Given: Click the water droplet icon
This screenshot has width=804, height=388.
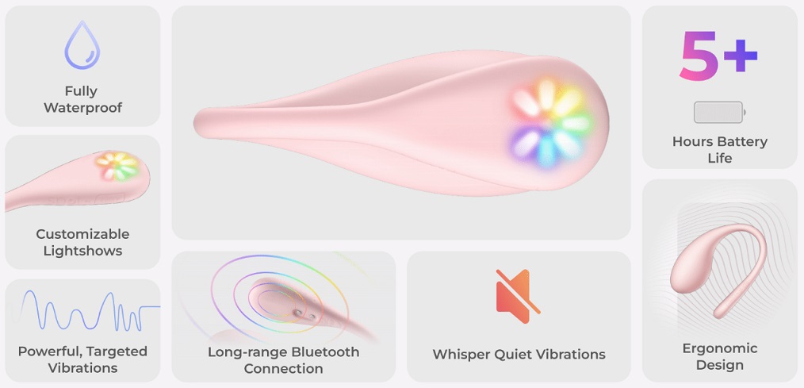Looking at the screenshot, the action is pyautogui.click(x=82, y=45).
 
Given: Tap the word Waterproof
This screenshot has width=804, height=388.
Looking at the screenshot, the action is pyautogui.click(x=83, y=108).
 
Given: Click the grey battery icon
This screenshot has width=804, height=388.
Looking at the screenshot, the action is pyautogui.click(x=719, y=112).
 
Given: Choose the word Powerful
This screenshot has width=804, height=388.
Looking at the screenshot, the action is pyautogui.click(x=50, y=352).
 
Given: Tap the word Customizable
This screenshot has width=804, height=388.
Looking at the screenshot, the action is pyautogui.click(x=82, y=234).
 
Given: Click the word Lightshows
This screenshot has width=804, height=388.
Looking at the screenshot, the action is pyautogui.click(x=82, y=251).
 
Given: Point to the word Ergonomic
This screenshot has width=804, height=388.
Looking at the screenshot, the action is pyautogui.click(x=720, y=348).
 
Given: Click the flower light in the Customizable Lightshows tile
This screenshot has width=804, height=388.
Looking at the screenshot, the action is pyautogui.click(x=117, y=166).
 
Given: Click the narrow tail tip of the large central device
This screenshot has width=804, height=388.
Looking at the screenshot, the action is pyautogui.click(x=195, y=123).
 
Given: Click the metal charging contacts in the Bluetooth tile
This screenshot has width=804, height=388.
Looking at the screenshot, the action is pyautogui.click(x=304, y=314).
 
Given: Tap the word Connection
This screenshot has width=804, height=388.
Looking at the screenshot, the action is pyautogui.click(x=284, y=368).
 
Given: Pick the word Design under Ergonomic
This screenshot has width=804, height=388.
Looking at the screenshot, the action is pyautogui.click(x=720, y=366).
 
